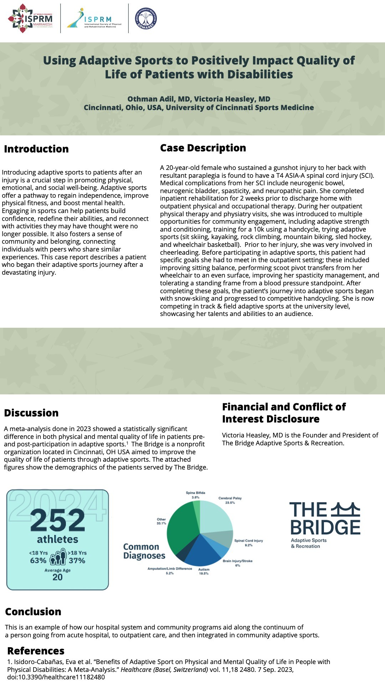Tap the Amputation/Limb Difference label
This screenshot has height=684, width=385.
(170, 569)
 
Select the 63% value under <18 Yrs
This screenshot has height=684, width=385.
(38, 561)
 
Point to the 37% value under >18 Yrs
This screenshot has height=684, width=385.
(77, 561)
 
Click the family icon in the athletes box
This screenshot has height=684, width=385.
(58, 557)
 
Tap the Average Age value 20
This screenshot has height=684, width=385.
(57, 577)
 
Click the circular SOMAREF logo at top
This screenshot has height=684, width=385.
(146, 19)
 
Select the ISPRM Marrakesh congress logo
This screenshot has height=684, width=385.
(30, 19)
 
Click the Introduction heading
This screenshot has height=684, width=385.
(36, 149)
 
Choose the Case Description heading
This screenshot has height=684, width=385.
(203, 148)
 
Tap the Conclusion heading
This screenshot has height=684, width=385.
(33, 612)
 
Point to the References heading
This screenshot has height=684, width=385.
(36, 651)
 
